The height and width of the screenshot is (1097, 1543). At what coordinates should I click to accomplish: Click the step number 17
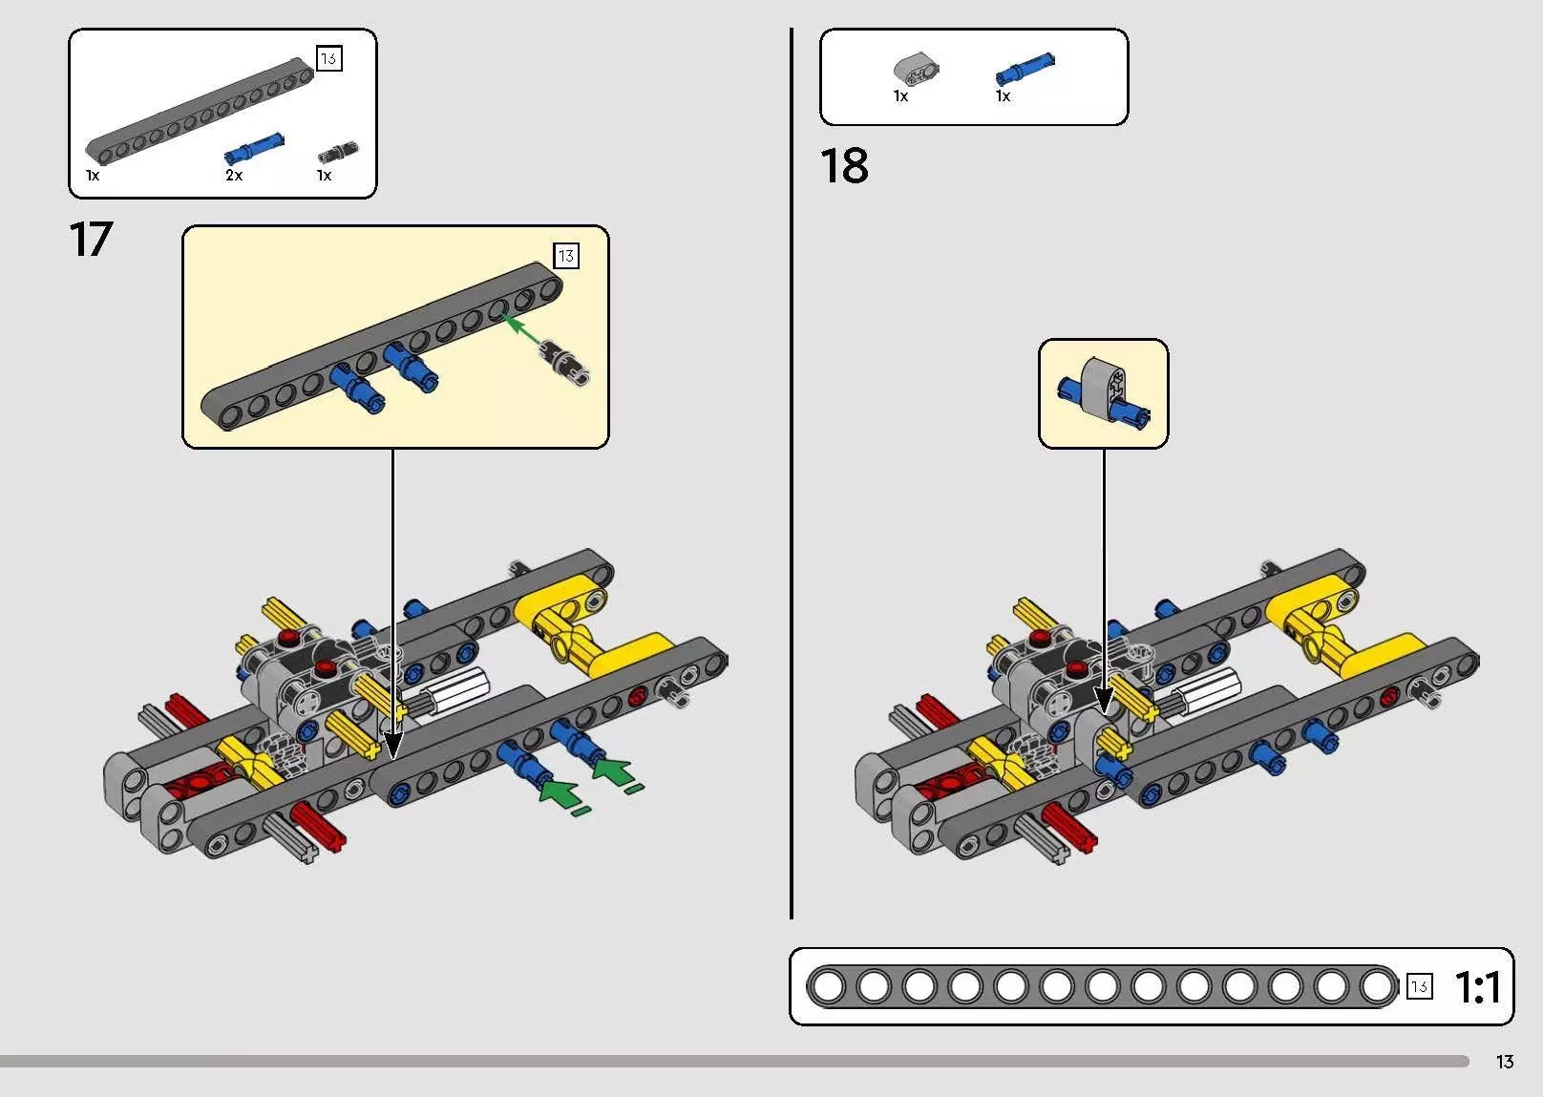[92, 239]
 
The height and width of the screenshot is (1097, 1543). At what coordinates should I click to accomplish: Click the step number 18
[844, 166]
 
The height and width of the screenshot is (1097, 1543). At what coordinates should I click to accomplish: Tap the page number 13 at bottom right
[1505, 1062]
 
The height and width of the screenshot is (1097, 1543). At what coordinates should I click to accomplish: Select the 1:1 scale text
[1477, 987]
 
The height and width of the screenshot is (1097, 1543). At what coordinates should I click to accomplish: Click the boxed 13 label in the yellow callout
[566, 256]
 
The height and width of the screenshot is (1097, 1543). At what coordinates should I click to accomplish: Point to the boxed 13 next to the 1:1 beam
[1419, 986]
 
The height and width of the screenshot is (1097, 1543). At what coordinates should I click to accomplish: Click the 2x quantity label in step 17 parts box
[234, 176]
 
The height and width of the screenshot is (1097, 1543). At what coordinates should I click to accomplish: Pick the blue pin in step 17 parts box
[254, 148]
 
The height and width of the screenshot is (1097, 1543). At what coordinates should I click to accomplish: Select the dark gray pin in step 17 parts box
[338, 152]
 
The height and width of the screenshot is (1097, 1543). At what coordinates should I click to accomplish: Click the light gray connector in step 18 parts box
[916, 68]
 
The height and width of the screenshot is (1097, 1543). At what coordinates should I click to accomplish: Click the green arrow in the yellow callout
[521, 329]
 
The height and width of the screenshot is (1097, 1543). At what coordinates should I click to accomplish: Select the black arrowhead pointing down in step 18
[1104, 701]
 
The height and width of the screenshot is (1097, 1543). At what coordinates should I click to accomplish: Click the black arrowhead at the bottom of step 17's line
[392, 744]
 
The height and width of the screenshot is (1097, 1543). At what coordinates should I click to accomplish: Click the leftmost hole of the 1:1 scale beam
[828, 986]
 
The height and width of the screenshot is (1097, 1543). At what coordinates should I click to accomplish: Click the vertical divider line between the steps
[792, 477]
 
